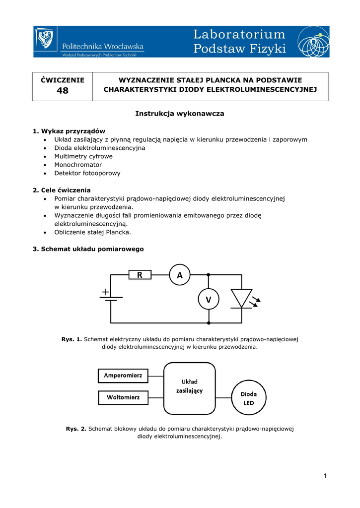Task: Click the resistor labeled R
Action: coord(140,274)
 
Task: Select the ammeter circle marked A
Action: coord(180,274)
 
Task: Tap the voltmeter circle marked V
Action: coord(208,299)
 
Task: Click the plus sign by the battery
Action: coord(106,293)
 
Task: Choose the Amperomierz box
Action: coord(123,376)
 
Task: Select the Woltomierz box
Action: coord(123,397)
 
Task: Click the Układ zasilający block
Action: coord(190,388)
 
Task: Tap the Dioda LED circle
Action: coord(248,398)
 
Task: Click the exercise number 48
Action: coord(63,91)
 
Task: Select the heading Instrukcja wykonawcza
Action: coord(180,114)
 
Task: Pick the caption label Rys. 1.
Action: coord(72,339)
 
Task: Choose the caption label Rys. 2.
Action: coord(76,428)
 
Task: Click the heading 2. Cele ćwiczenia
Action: coord(62,190)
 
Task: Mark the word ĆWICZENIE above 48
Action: coord(63,80)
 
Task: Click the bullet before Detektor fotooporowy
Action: coord(45,174)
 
